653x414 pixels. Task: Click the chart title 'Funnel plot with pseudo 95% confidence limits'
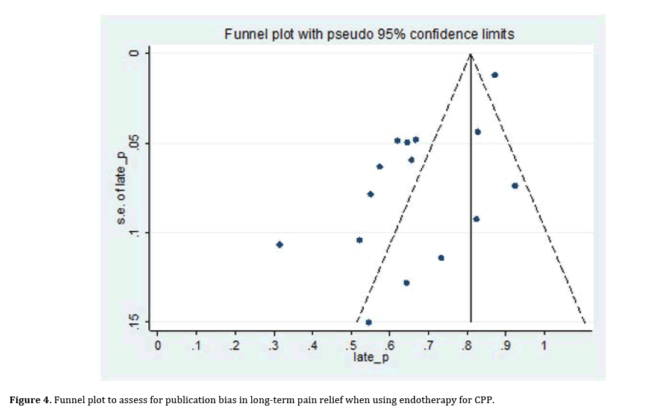(x=369, y=34)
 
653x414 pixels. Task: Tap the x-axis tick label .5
(x=350, y=346)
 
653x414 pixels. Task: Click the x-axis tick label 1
(x=544, y=346)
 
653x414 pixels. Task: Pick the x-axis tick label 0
(x=157, y=346)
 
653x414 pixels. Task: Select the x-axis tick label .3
(x=273, y=346)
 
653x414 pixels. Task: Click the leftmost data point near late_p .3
(x=280, y=244)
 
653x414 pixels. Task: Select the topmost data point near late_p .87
(x=495, y=75)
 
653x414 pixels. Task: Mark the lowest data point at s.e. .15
(x=369, y=322)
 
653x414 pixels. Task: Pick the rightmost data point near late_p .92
(x=514, y=186)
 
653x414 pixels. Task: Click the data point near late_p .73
(x=441, y=258)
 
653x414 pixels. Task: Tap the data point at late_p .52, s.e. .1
(x=360, y=240)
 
